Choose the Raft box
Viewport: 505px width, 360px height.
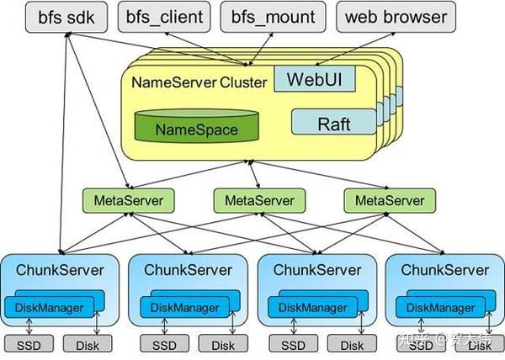tap(333, 124)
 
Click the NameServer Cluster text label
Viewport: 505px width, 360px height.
tap(199, 82)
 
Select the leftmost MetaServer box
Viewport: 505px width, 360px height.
tap(128, 200)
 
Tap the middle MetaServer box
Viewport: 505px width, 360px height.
tap(254, 200)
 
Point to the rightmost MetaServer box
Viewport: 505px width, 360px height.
tap(385, 200)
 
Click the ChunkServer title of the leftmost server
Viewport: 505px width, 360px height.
tap(60, 270)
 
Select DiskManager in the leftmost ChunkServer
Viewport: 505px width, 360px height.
tap(50, 309)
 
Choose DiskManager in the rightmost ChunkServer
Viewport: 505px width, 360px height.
tap(433, 309)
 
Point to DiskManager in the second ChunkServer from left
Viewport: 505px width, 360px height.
tap(179, 309)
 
